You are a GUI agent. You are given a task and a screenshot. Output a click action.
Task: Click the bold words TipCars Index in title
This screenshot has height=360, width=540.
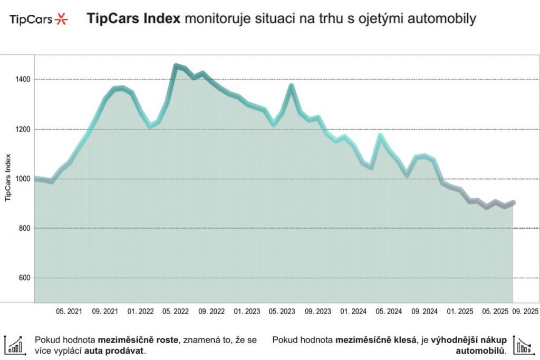(x=133, y=20)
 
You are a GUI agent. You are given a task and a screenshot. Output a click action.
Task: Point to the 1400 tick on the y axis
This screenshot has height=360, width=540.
(x=23, y=80)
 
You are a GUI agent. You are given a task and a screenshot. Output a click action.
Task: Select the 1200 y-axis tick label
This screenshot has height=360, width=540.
(x=23, y=129)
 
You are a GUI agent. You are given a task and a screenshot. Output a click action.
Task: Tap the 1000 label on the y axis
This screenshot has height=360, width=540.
(x=23, y=179)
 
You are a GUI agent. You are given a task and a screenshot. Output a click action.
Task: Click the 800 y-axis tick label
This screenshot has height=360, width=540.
(x=24, y=229)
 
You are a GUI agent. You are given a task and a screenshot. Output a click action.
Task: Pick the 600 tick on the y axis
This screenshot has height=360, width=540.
(x=24, y=278)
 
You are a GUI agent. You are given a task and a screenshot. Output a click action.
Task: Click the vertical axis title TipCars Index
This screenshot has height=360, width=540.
(x=8, y=177)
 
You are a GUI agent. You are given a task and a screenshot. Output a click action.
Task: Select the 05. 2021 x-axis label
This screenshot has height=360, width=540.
(x=69, y=312)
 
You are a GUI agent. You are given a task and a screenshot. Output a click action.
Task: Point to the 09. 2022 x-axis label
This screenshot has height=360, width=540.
(x=210, y=312)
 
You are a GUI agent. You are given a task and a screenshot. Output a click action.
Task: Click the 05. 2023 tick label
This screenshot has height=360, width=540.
(x=280, y=312)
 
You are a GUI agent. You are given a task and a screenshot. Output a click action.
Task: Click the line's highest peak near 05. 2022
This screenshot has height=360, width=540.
(x=176, y=66)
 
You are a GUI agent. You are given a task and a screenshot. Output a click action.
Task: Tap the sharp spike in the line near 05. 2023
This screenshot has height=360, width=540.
(x=291, y=86)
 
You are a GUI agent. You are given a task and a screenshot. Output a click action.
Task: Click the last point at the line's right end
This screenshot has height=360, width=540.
(x=513, y=203)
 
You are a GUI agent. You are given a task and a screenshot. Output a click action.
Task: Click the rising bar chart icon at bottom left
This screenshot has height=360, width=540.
(x=14, y=345)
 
